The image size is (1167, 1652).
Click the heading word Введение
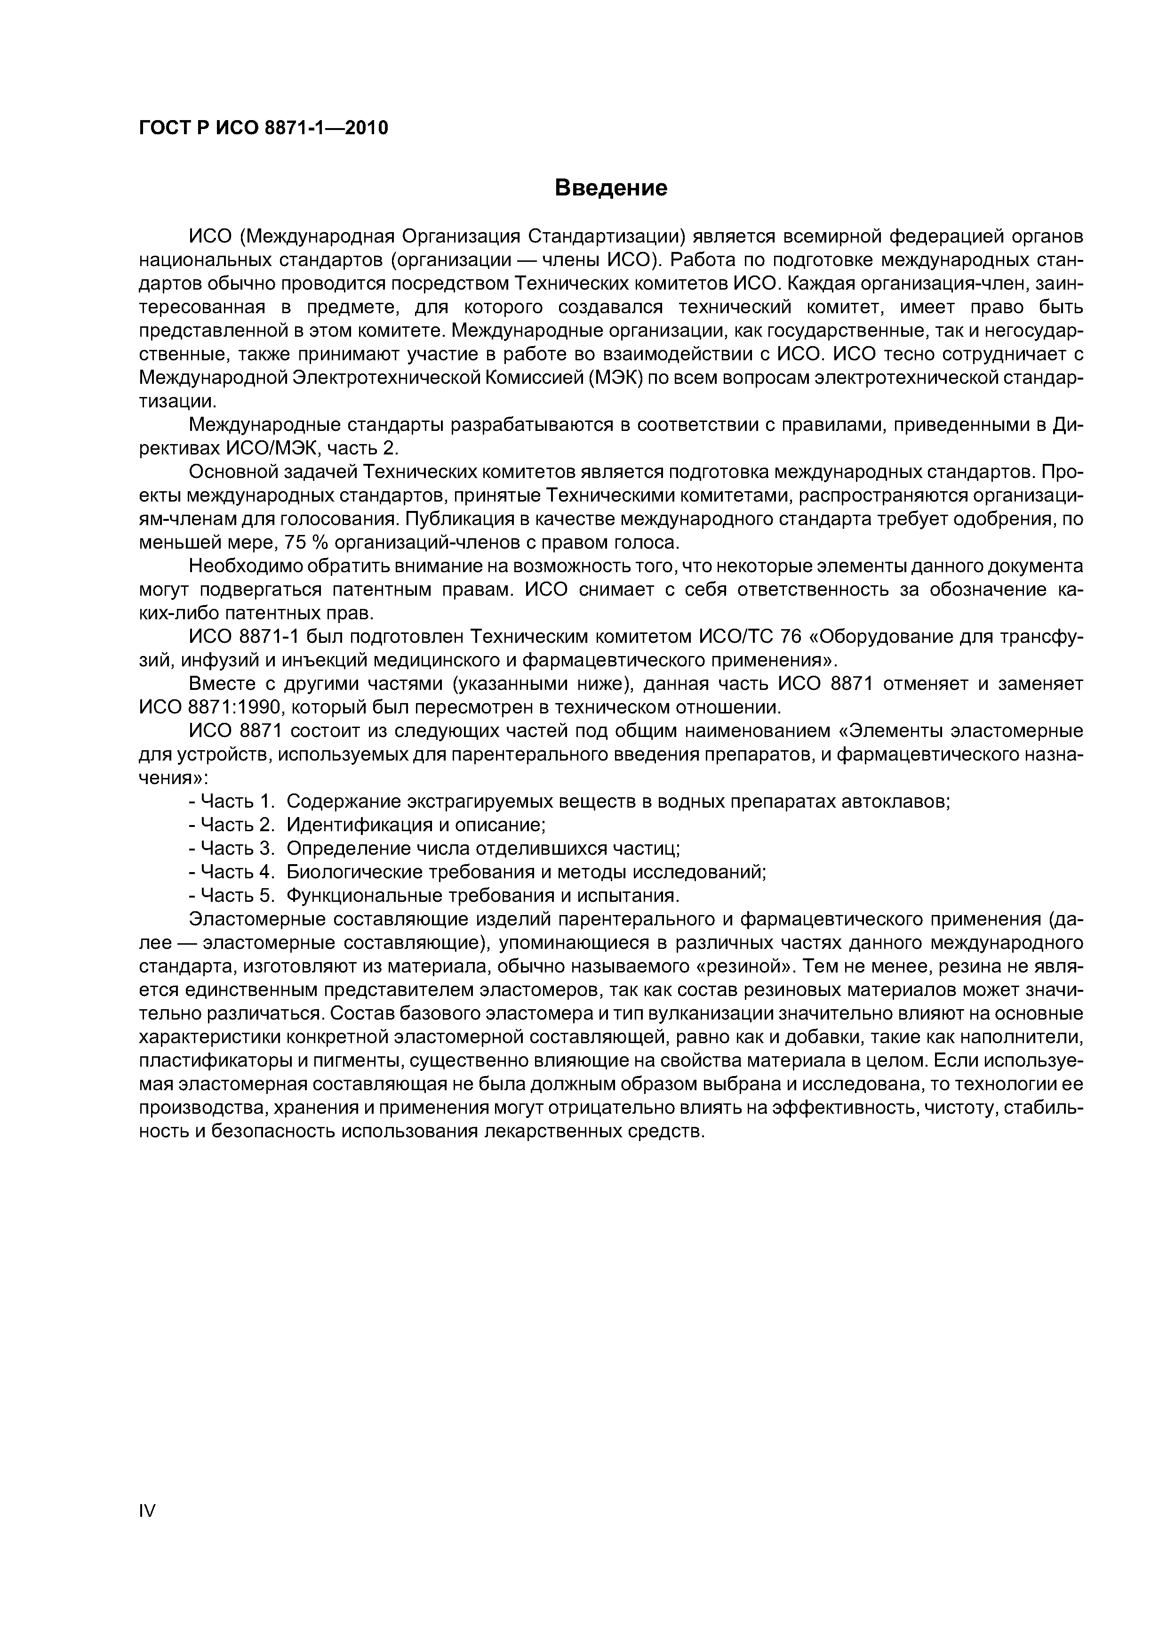[x=611, y=188]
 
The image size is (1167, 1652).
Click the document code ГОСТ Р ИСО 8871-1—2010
[x=263, y=128]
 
